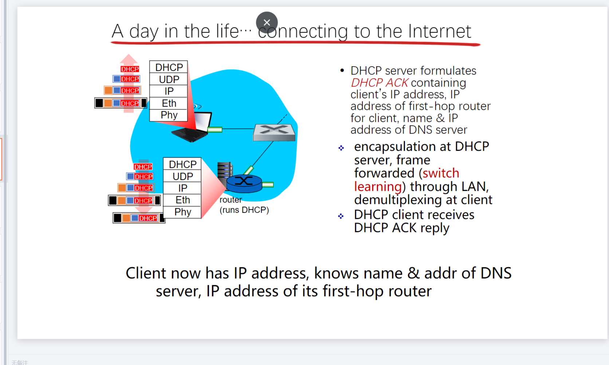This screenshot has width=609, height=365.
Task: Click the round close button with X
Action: [x=267, y=23]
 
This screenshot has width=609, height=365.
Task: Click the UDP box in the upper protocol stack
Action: [x=169, y=79]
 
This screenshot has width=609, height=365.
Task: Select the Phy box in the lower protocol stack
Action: [x=182, y=212]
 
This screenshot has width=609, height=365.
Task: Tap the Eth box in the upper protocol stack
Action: [x=169, y=103]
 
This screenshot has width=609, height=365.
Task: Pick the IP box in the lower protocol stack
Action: [x=182, y=188]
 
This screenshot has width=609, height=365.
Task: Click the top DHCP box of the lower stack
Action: [x=182, y=164]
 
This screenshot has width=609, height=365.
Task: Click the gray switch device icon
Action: [x=274, y=132]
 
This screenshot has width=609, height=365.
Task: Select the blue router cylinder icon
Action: [x=244, y=183]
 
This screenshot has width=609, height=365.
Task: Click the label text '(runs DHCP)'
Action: [x=244, y=210]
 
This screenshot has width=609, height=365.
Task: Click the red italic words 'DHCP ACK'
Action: [x=379, y=83]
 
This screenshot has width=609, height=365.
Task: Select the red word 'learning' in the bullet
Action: [x=378, y=186]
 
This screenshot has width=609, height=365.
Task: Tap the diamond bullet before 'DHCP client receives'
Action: [x=341, y=216]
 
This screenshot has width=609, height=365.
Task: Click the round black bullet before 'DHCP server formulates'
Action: [x=342, y=70]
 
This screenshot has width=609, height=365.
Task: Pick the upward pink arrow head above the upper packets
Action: [x=129, y=59]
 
